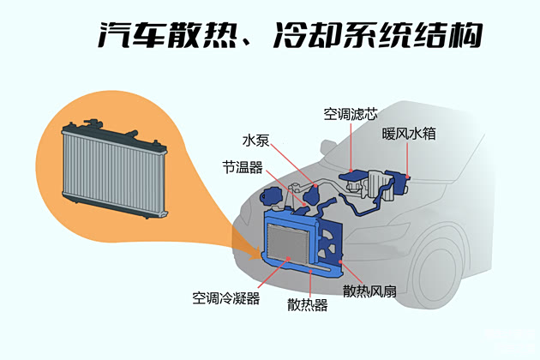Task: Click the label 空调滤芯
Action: click(350, 113)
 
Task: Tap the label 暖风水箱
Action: click(409, 135)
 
